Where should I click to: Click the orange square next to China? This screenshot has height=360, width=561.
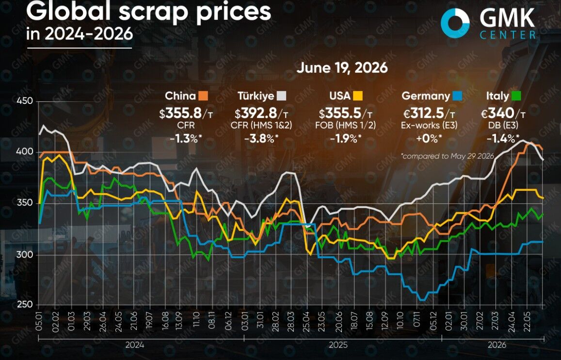(203, 96)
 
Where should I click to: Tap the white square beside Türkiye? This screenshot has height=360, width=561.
(282, 96)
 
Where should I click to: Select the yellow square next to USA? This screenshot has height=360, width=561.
(357, 96)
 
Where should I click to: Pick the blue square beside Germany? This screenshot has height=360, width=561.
(457, 96)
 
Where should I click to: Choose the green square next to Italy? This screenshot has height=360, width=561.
(516, 96)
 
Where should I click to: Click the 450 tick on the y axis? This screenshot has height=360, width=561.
(24, 101)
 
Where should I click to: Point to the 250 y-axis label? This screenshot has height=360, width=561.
(24, 305)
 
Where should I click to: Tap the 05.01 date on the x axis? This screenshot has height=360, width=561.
(39, 321)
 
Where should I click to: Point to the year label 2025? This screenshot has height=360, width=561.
(338, 345)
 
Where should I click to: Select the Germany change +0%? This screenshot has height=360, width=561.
(428, 138)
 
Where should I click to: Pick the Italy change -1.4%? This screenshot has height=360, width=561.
(503, 138)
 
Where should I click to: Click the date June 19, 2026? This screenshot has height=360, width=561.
(342, 67)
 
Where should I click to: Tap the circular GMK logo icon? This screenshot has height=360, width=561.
(455, 23)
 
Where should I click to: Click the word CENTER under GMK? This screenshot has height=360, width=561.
(508, 35)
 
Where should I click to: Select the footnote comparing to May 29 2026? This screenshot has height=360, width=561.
(448, 156)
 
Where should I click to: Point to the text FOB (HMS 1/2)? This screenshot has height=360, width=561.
(345, 125)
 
